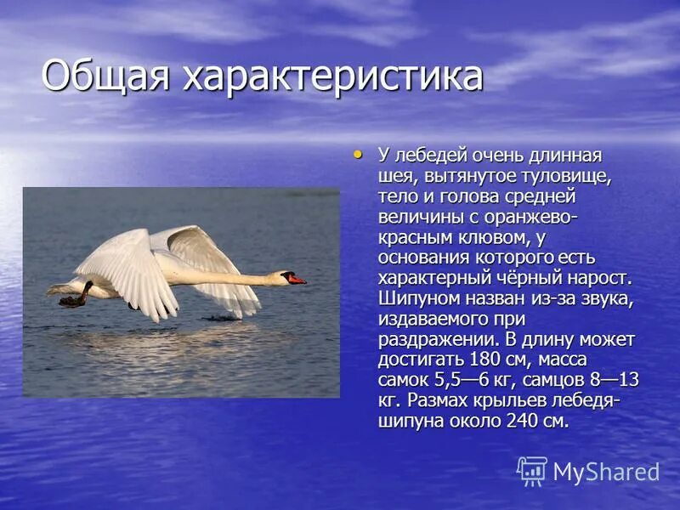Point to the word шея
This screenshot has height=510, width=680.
[394, 177]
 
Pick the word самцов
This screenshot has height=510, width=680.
[564, 380]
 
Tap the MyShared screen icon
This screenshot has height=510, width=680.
[532, 471]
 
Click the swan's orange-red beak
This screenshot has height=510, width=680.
[297, 280]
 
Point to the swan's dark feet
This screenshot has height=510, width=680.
[75, 298]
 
